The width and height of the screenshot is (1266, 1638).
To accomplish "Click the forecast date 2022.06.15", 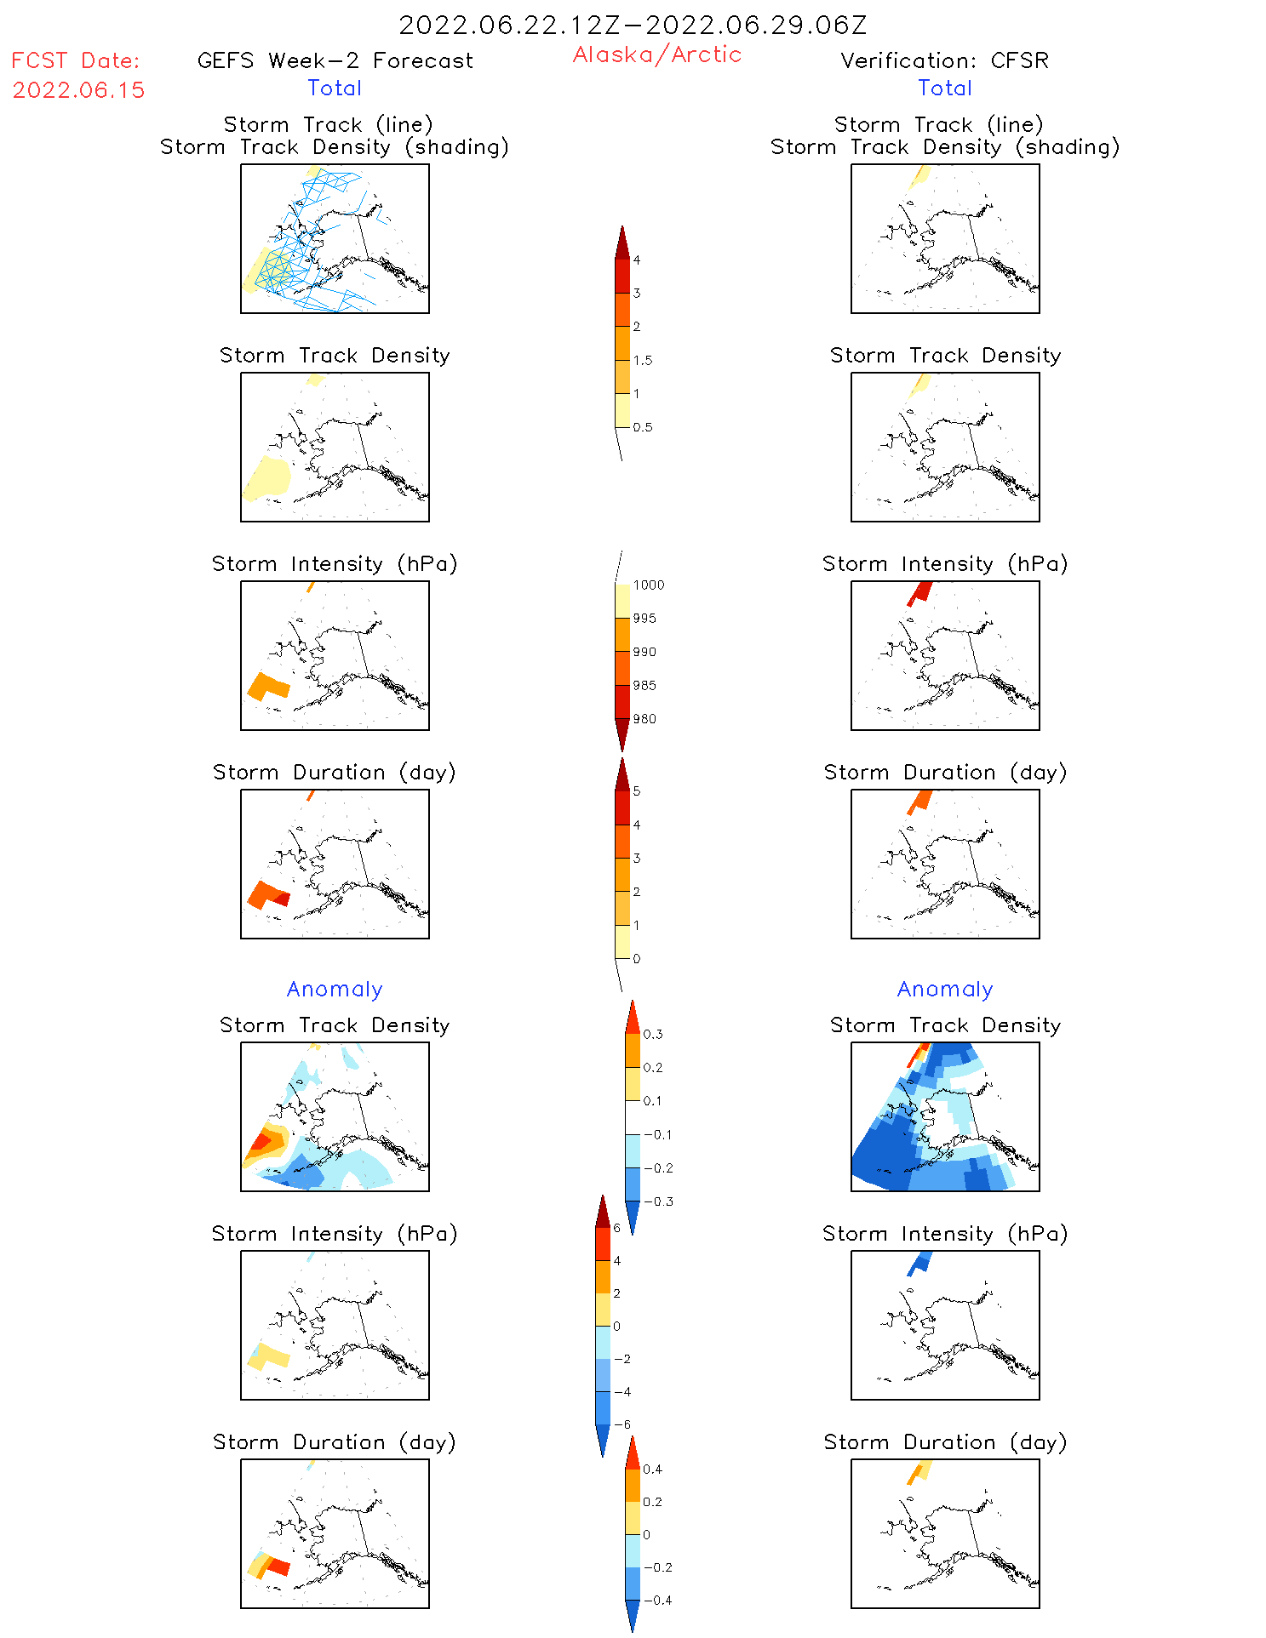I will pyautogui.click(x=78, y=90).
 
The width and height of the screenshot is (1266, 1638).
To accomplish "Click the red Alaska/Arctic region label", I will pyautogui.click(x=656, y=54).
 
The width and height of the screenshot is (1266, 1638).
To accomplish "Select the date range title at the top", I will pyautogui.click(x=633, y=25).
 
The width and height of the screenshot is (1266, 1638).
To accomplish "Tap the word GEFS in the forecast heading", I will pyautogui.click(x=226, y=60).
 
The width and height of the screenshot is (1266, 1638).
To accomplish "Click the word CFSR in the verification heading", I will pyautogui.click(x=1019, y=60).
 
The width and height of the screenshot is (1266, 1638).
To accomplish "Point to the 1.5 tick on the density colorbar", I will pyautogui.click(x=642, y=360).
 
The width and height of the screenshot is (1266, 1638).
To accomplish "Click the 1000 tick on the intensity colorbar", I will pyautogui.click(x=648, y=585).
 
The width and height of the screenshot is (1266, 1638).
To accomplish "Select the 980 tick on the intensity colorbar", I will pyautogui.click(x=644, y=719).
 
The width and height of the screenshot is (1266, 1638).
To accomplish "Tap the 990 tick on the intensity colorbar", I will pyautogui.click(x=644, y=652).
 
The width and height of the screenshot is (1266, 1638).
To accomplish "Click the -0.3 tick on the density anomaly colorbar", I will pyautogui.click(x=657, y=1201).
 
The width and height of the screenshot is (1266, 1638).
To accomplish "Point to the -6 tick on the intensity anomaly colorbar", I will pyautogui.click(x=622, y=1424).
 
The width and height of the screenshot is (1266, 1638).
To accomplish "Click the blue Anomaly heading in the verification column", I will pyautogui.click(x=945, y=989).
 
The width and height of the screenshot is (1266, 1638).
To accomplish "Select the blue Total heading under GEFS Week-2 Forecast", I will pyautogui.click(x=335, y=88).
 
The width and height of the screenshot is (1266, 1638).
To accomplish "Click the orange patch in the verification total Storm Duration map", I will pyautogui.click(x=919, y=801).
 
